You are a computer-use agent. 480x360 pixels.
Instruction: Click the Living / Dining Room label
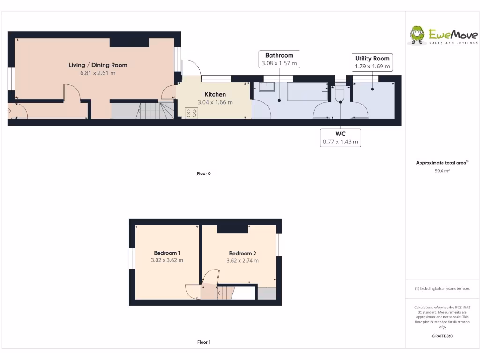pos(97,65)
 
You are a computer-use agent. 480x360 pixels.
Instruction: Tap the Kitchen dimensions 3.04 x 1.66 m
pos(215,102)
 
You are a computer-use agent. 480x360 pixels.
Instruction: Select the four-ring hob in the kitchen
pos(191,112)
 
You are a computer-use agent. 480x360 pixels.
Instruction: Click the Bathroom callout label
pos(279,55)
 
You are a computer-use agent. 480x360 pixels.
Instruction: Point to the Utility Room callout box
pos(372,62)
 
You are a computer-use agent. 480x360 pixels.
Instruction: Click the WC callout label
pos(340,134)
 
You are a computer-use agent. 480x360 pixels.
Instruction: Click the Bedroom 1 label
pos(167,253)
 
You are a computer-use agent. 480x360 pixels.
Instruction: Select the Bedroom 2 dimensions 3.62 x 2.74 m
pos(242,261)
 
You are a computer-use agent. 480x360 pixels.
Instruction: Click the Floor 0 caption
pos(203,173)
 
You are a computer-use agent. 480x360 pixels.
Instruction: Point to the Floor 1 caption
pos(203,342)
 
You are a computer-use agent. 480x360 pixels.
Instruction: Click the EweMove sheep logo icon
pos(417,35)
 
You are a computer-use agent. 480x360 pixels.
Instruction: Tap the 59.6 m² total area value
pos(442,171)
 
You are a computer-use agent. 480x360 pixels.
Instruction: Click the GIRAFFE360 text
pos(442,336)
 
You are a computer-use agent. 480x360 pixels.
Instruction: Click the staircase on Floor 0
pos(151,111)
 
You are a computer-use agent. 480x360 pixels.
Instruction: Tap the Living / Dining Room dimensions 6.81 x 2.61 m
pos(97,73)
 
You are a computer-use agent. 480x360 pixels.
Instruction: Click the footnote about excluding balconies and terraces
pos(442,289)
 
